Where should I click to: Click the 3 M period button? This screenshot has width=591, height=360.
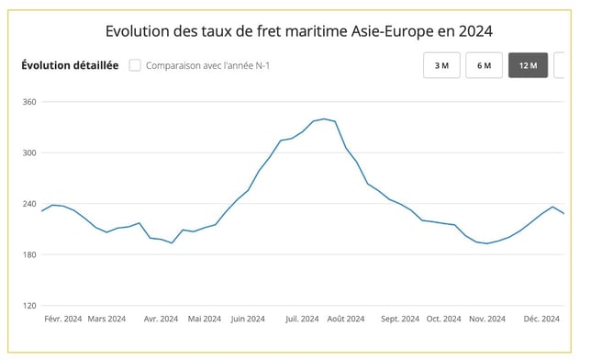(441, 66)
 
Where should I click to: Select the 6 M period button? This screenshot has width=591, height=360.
(484, 66)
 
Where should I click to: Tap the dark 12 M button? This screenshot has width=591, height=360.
(528, 66)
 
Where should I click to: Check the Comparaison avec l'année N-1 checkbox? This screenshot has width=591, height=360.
(135, 65)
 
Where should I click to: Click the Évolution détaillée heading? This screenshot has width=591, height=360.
(70, 65)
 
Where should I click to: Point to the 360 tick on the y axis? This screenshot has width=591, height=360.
(28, 102)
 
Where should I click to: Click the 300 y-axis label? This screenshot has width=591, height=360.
(28, 152)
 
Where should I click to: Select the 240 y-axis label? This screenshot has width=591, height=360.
(28, 204)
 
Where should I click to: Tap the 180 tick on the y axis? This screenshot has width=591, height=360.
(28, 254)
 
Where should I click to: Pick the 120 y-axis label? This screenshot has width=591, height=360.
(28, 306)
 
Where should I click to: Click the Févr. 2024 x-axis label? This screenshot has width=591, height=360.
(63, 320)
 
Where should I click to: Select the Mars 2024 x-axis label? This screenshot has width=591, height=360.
(107, 320)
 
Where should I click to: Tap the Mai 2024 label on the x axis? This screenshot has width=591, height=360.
(204, 320)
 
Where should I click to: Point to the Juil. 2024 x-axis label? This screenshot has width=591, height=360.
(302, 320)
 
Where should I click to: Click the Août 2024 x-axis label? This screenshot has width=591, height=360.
(346, 320)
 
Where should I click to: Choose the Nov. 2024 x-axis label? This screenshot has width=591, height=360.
(487, 320)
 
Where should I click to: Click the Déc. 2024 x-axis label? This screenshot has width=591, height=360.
(541, 320)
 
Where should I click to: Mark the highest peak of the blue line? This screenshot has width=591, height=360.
(324, 118)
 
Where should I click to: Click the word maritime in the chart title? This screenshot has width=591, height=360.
(310, 31)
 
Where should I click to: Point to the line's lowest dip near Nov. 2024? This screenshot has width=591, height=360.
(486, 243)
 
